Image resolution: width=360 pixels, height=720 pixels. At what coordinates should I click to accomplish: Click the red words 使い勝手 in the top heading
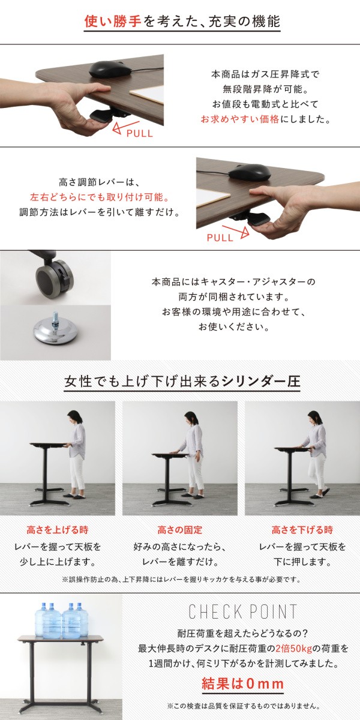pos(113,22)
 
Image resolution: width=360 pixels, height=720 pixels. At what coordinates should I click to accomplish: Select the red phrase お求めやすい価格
pos(241,119)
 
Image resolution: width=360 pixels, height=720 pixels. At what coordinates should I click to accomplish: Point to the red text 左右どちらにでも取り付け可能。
pos(100,197)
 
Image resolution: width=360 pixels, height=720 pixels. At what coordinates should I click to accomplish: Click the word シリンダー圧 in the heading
pos(261,381)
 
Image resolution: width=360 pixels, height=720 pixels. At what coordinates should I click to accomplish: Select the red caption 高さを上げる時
pos(58,530)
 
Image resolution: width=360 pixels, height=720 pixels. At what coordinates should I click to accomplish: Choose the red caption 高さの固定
pos(179,530)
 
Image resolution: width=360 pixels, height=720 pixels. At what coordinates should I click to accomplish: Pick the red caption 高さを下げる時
pos(302,530)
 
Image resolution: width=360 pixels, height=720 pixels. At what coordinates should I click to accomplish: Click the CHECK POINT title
pos(242,611)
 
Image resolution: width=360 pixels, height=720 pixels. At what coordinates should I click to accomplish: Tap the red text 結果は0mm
pos(242,683)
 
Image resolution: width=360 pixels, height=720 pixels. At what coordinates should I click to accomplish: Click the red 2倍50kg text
pos(294,649)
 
